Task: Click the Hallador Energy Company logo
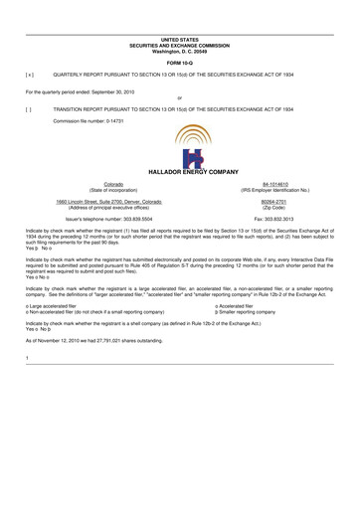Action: click(x=180, y=145)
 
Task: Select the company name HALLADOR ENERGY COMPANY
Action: click(x=180, y=171)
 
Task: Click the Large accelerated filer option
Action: click(x=55, y=306)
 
